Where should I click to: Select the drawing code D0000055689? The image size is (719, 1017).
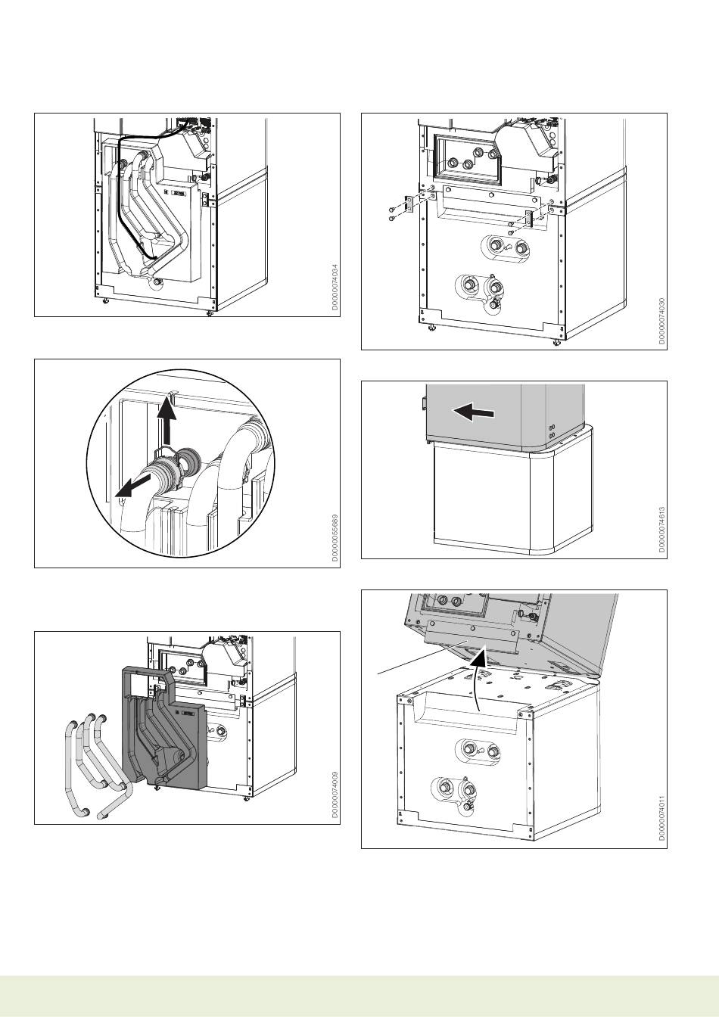coord(333,538)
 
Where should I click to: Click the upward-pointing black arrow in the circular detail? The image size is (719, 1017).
coord(167,424)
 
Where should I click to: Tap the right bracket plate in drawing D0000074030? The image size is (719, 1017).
coord(531,217)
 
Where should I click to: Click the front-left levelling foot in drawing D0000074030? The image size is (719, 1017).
coord(431,327)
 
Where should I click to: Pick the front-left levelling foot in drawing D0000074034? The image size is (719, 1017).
coord(104,299)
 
